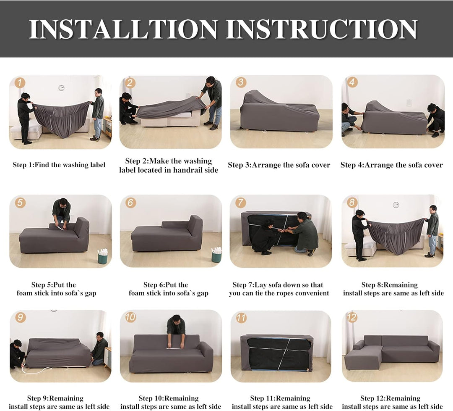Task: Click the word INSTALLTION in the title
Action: [123, 29]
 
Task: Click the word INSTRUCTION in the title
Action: [321, 29]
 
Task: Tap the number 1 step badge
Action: [20, 82]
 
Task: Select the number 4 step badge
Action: [352, 82]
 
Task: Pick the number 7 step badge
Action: [240, 203]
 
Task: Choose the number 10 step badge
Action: [130, 317]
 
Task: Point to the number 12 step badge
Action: [351, 317]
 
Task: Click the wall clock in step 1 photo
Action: [61, 88]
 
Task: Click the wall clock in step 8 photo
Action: [396, 205]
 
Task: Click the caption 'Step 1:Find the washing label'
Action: [59, 165]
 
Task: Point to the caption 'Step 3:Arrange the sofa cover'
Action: [279, 165]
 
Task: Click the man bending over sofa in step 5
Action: [62, 211]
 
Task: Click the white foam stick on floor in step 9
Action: [36, 370]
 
